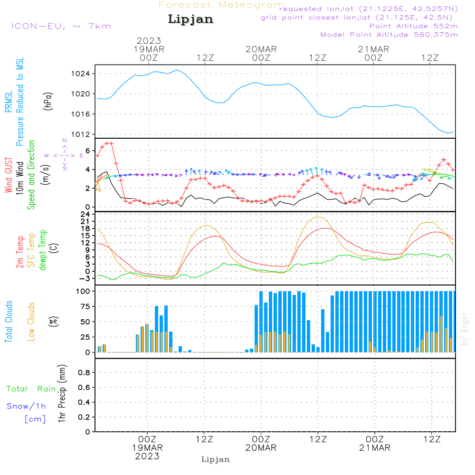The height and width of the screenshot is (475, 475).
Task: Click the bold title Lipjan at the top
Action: [190, 19]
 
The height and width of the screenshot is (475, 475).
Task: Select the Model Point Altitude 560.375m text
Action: [389, 35]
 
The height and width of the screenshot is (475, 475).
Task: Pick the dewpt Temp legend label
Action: [43, 250]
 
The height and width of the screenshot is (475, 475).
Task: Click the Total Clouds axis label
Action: [9, 322]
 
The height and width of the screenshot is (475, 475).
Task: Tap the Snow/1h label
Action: [26, 406]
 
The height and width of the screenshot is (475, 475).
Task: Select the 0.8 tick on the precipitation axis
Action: [84, 373]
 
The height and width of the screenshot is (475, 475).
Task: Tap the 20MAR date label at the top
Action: [261, 49]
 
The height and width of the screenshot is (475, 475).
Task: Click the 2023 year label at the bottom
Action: [147, 456]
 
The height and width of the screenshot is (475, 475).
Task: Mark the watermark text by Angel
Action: [465, 329]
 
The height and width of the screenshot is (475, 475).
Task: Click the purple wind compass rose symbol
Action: [65, 155]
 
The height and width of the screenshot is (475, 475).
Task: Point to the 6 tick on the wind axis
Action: [87, 151]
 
